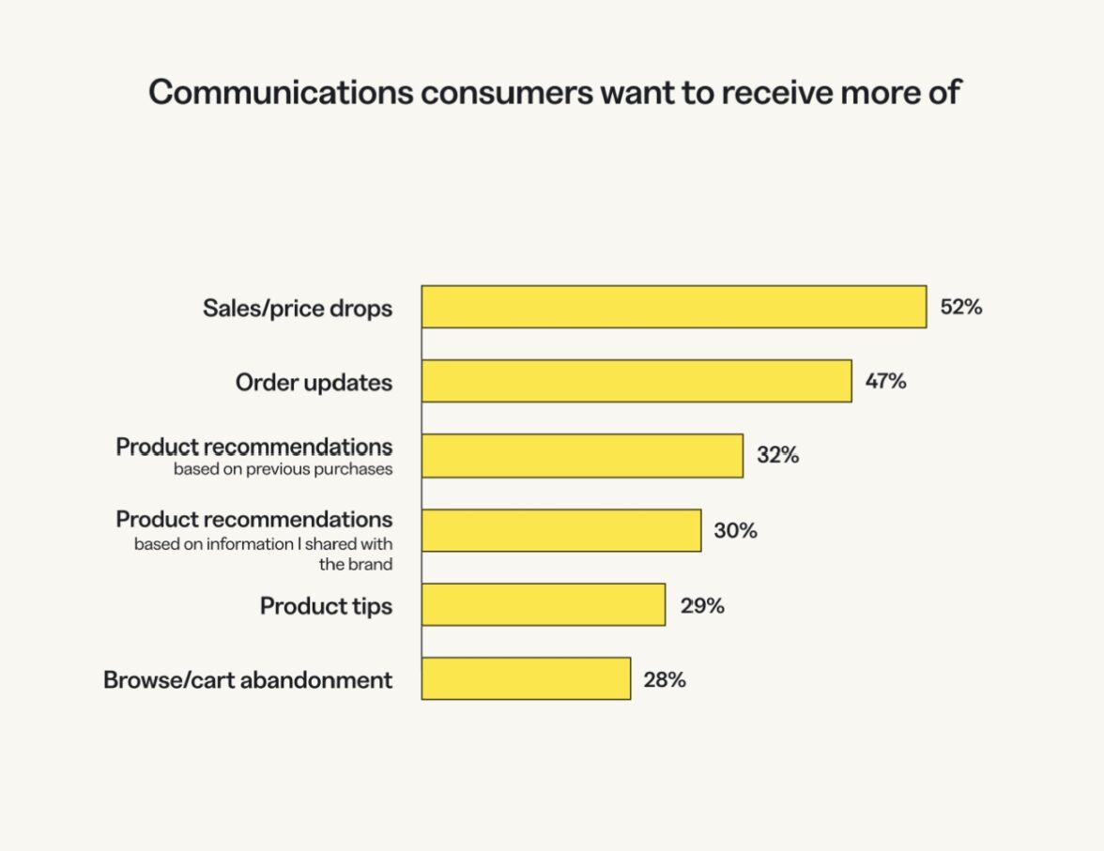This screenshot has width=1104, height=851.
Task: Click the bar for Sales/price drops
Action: point(673,307)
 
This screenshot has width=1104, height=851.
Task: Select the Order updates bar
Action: point(636,381)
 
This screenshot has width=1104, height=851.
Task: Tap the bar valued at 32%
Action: point(582,456)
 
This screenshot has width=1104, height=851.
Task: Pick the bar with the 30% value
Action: point(560,530)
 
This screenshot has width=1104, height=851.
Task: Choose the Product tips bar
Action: point(543,605)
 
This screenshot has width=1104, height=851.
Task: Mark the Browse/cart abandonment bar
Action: point(526,678)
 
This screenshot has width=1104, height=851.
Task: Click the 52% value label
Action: point(960,307)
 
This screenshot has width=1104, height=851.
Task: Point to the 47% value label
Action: point(885,382)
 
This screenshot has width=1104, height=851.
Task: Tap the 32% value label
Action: point(777,456)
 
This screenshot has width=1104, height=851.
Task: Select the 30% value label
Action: point(735,531)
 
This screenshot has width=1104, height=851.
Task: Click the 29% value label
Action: point(702,606)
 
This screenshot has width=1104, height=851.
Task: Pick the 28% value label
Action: point(665,679)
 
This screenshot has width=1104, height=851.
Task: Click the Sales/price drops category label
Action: point(298,308)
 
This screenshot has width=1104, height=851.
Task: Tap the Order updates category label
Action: point(314,383)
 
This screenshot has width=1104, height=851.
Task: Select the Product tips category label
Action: point(326,606)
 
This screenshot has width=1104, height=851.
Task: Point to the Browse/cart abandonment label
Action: point(248,680)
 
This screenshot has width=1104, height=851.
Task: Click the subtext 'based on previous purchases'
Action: point(283,469)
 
